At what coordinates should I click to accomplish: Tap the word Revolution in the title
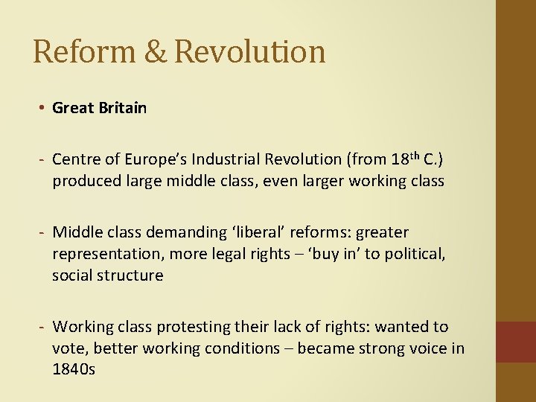click(250, 51)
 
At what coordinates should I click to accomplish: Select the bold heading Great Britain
click(99, 108)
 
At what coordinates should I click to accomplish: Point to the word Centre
click(75, 159)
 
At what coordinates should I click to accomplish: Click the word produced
click(84, 180)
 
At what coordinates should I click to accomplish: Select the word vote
click(69, 348)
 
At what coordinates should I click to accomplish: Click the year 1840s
click(74, 368)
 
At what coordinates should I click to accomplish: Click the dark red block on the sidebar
click(515, 342)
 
